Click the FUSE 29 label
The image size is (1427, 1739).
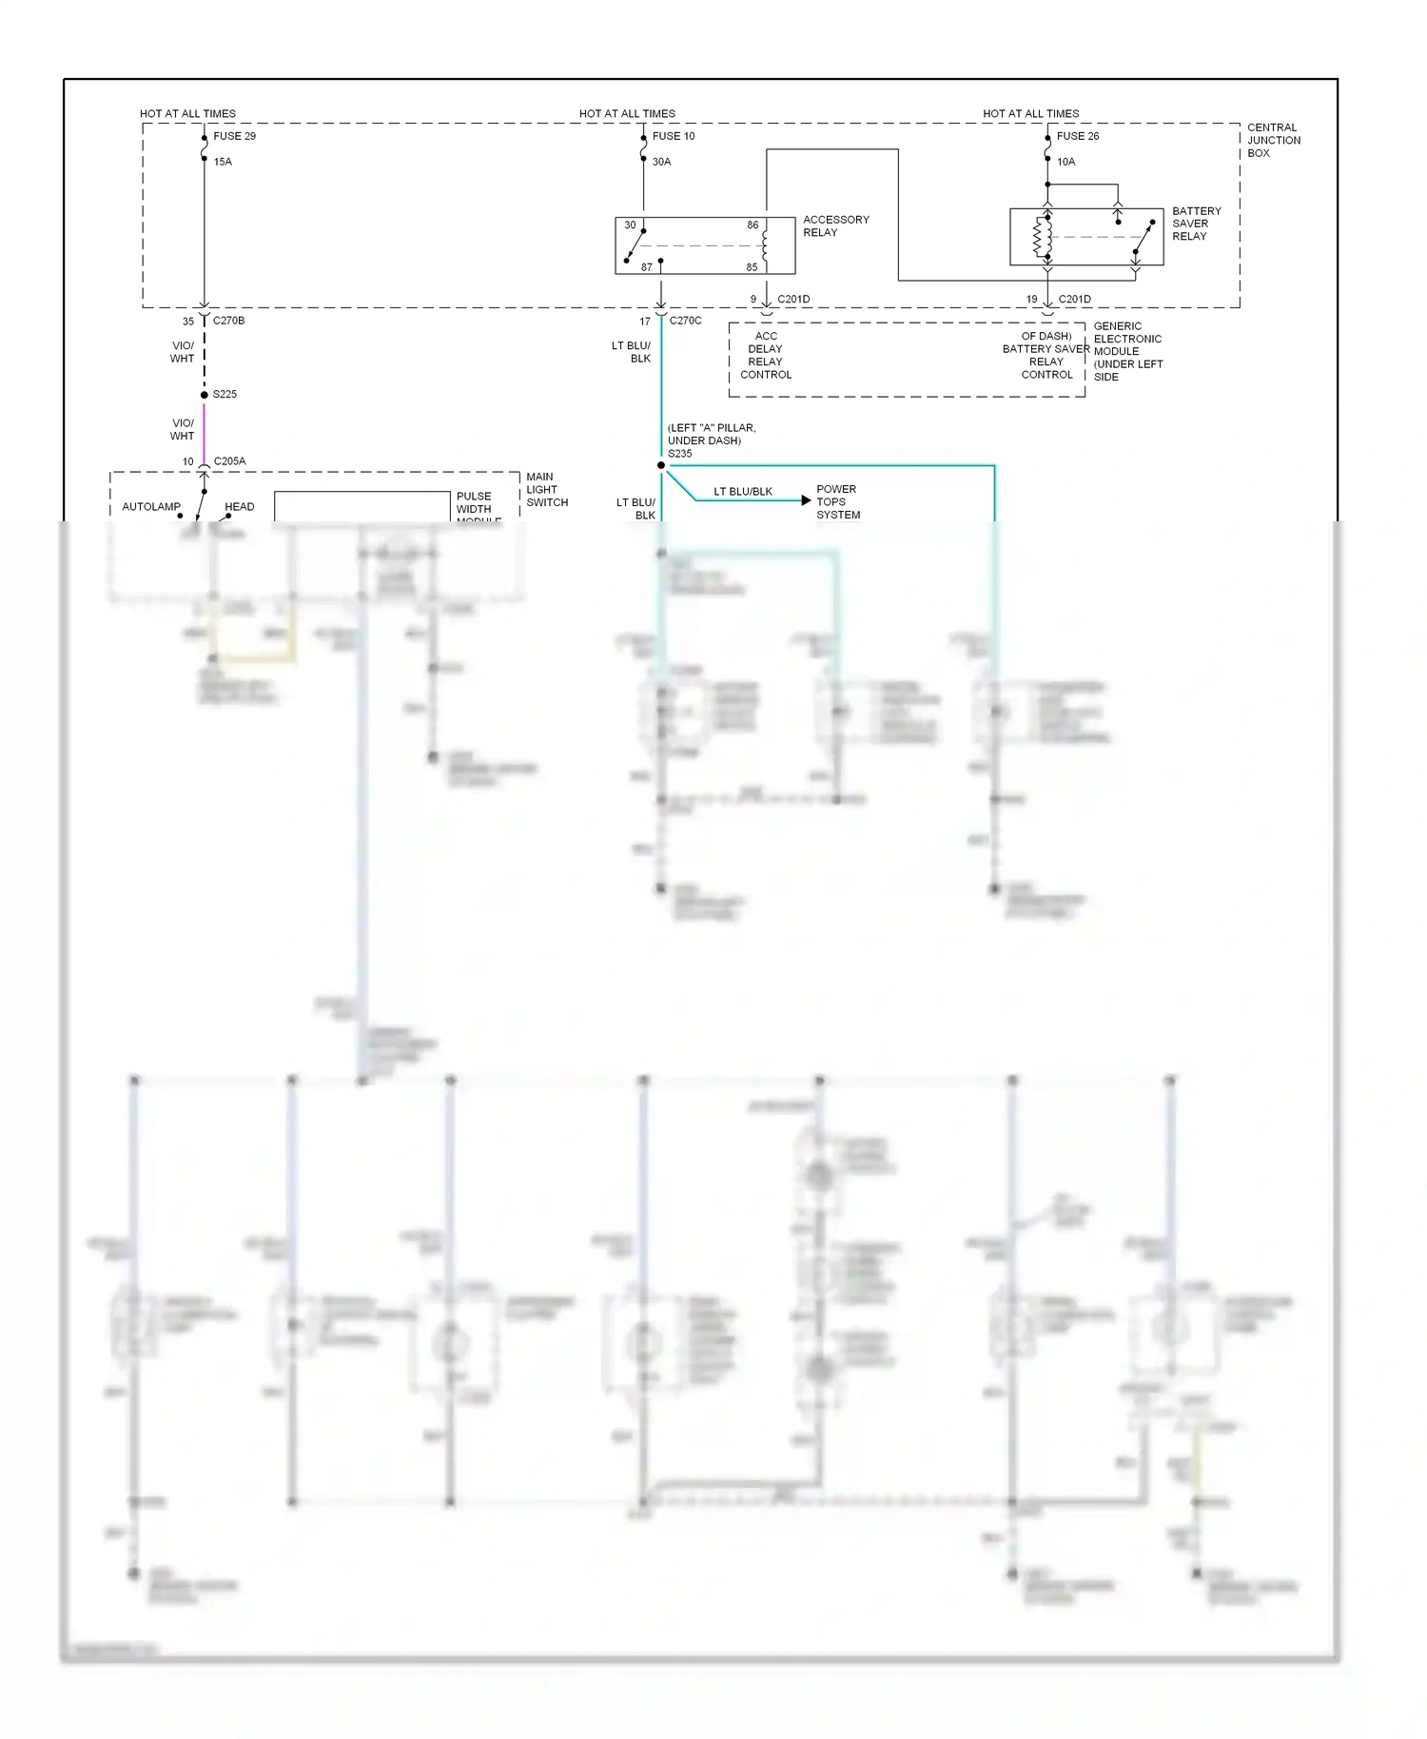234,136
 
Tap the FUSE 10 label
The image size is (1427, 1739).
674,136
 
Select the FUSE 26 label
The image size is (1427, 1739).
1078,136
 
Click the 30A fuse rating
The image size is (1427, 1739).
661,162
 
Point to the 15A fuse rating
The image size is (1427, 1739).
223,162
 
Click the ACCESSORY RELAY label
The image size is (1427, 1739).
835,225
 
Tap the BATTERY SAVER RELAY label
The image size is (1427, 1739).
1196,224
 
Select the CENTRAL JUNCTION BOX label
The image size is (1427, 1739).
1273,140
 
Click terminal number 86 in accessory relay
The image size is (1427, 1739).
753,225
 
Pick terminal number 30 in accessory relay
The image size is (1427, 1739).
630,225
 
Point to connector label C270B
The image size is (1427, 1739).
228,321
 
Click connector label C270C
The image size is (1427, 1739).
685,321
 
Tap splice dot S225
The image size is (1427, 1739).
204,395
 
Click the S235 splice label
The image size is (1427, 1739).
679,454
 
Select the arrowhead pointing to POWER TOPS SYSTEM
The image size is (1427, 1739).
806,500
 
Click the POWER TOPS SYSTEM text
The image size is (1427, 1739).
837,501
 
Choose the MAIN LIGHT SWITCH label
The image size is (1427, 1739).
546,489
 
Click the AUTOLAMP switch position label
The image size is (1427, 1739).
150,507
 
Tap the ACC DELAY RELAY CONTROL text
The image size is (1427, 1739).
766,355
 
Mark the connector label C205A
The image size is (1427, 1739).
229,461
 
